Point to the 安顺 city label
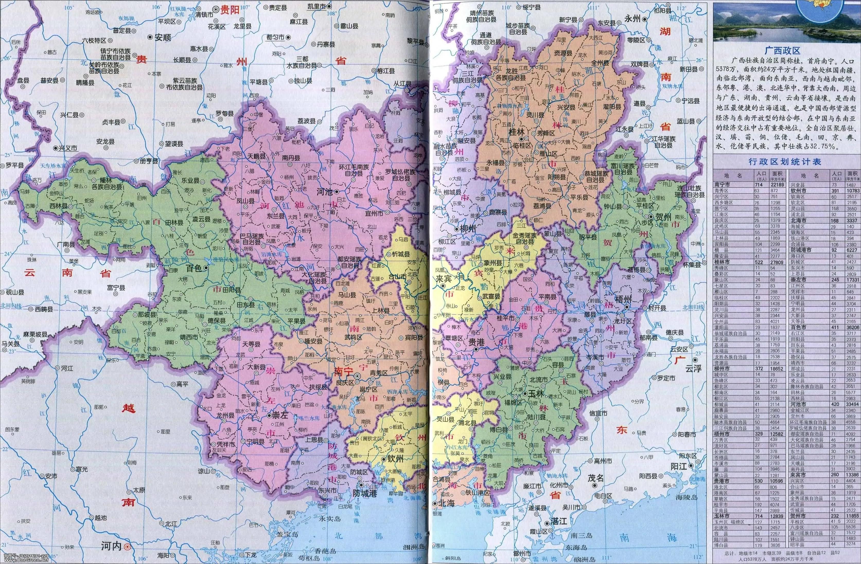click(163, 37)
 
